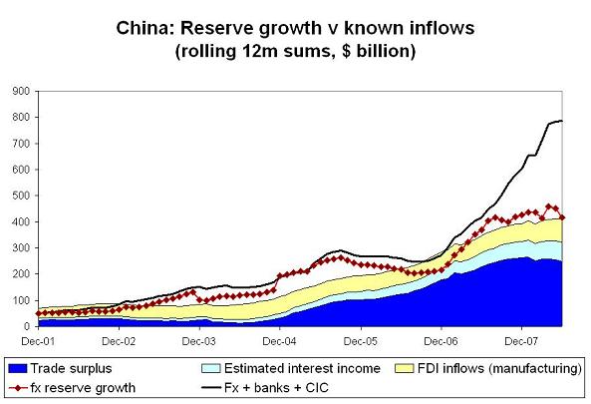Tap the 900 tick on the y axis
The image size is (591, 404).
click(x=19, y=91)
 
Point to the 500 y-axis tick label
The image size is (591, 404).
click(x=19, y=196)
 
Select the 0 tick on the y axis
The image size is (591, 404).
click(x=25, y=326)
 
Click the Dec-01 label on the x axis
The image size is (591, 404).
click(x=38, y=340)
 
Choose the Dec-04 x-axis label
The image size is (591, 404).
click(x=279, y=340)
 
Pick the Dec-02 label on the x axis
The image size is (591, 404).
click(x=119, y=340)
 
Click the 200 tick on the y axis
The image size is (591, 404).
click(x=19, y=273)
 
